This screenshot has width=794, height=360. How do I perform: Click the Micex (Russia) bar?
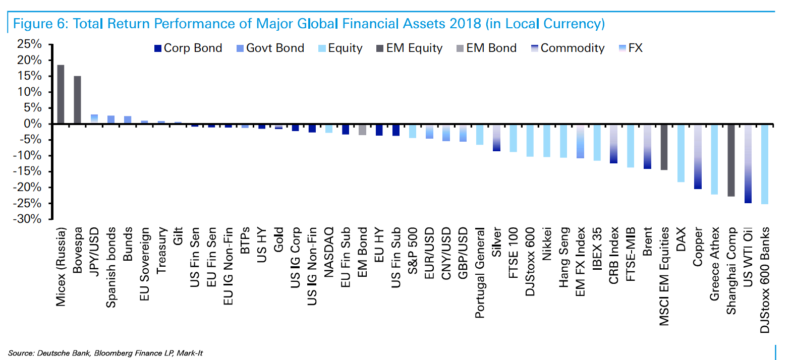[x=61, y=94]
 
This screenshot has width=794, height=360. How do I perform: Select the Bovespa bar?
[x=77, y=100]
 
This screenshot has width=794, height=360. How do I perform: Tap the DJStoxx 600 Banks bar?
[x=764, y=164]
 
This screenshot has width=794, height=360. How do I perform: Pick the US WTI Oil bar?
[x=748, y=164]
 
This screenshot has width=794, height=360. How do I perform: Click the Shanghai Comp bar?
[x=731, y=160]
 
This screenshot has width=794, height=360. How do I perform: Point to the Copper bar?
[x=698, y=157]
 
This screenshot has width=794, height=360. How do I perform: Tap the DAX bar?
[x=680, y=153]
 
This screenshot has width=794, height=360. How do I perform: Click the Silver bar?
[x=496, y=138]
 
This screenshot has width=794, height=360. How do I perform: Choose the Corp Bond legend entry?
[x=188, y=48]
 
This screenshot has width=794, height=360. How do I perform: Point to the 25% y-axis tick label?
[x=30, y=44]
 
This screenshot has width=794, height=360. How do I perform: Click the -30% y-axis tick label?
[x=28, y=219]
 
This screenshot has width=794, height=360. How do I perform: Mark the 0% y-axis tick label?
[x=33, y=124]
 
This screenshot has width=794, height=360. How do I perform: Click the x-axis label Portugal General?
[x=480, y=272]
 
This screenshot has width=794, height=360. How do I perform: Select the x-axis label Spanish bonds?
[x=111, y=267]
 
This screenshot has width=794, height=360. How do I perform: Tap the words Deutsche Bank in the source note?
[x=64, y=353]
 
